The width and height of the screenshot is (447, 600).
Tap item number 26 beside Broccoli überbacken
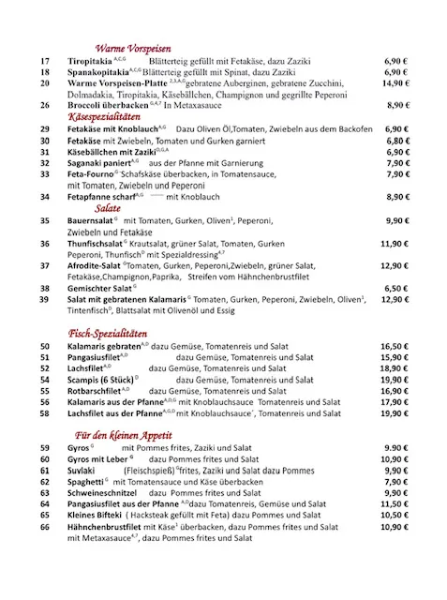coord(44,105)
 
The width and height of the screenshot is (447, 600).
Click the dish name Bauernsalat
coord(90,220)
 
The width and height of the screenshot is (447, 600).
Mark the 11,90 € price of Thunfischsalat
coord(396,243)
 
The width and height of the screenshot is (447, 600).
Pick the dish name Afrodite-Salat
coord(96,265)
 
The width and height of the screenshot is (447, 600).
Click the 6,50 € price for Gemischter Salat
coord(397,288)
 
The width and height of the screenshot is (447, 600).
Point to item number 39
coord(44,299)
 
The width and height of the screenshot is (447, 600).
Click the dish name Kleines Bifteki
coord(99,516)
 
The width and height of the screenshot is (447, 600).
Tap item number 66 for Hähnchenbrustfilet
coord(44,527)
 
